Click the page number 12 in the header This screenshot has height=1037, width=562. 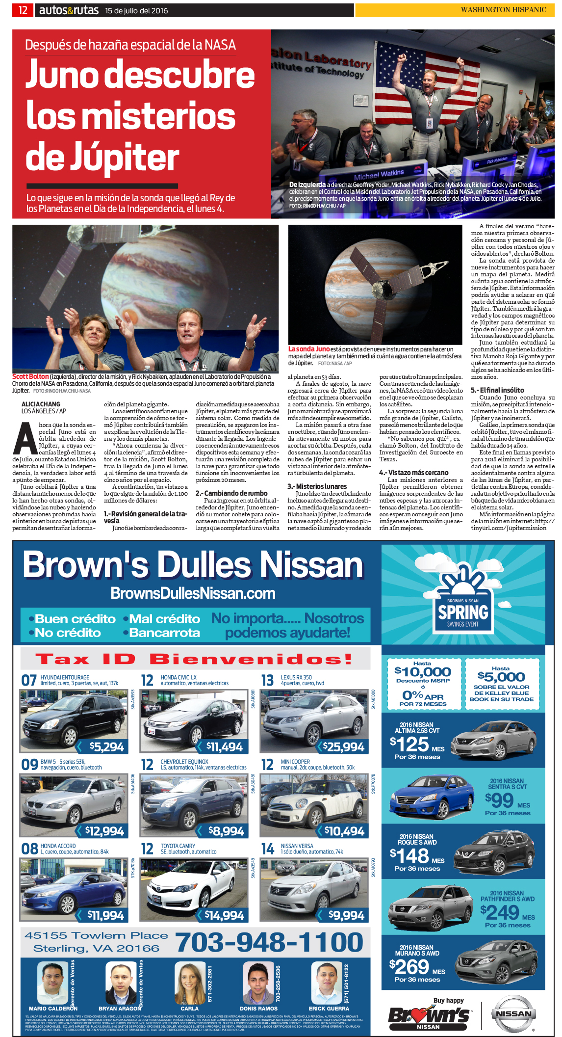click(x=23, y=10)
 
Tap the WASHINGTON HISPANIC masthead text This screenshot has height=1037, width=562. click(x=503, y=10)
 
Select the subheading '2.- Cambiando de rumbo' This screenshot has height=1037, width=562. click(x=231, y=493)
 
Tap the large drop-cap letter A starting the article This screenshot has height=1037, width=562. click(x=26, y=438)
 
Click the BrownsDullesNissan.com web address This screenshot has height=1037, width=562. click(x=193, y=593)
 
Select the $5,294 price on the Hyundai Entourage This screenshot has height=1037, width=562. click(x=106, y=747)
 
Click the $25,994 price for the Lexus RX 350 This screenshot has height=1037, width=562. click(x=343, y=747)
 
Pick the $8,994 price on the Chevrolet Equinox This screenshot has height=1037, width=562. click(x=226, y=831)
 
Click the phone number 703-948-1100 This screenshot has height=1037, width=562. click(x=269, y=942)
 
